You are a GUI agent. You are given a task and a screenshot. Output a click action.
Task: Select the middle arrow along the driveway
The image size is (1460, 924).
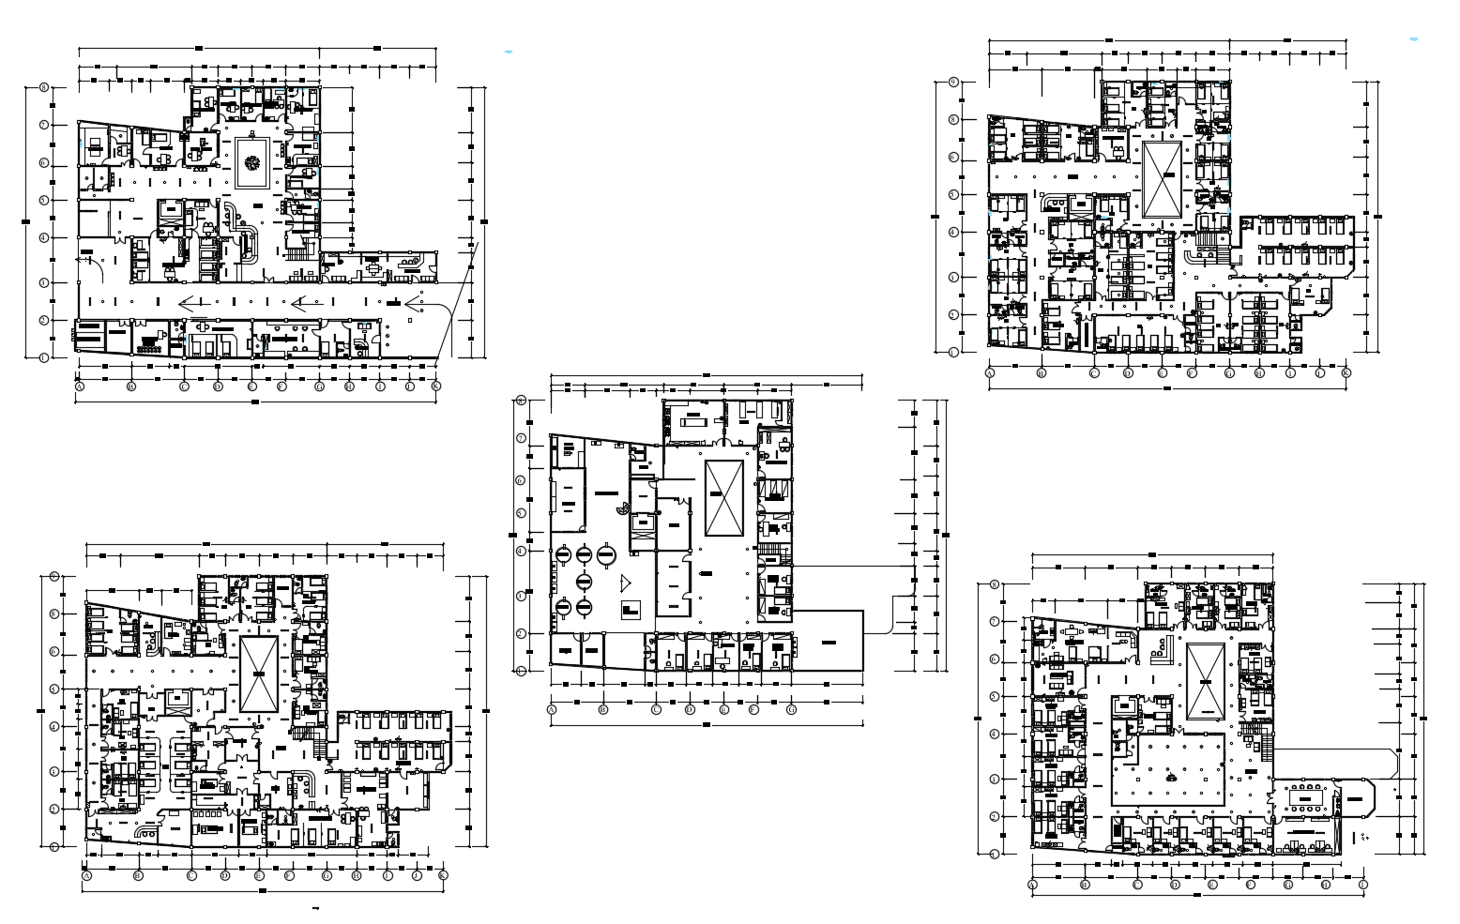pos(307,302)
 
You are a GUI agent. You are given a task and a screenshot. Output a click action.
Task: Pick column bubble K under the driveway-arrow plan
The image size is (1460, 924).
pos(435,386)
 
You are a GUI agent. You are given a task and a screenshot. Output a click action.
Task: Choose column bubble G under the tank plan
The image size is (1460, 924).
pos(792,710)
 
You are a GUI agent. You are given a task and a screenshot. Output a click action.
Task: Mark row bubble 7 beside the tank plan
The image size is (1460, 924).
pos(521,438)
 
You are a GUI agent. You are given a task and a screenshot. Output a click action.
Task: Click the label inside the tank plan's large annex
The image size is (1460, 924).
pos(828,642)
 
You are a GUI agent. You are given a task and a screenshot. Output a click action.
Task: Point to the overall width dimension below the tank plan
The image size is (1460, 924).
pos(706,722)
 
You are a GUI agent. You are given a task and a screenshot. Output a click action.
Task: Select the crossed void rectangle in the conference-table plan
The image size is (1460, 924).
pos(1206,681)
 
